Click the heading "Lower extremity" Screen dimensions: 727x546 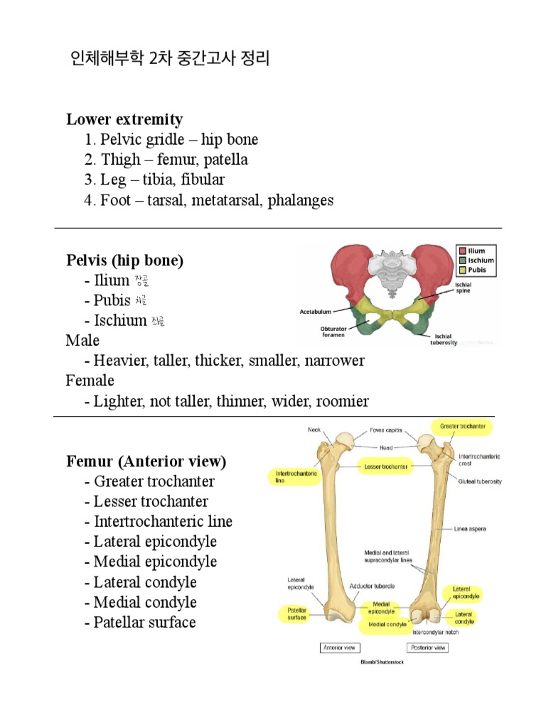click(124, 119)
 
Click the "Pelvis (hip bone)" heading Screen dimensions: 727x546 click(124, 261)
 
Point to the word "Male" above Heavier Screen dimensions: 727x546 click(82, 341)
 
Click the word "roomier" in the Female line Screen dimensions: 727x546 click(343, 401)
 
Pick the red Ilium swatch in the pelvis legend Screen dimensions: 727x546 click(462, 251)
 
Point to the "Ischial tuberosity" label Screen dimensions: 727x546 click(444, 339)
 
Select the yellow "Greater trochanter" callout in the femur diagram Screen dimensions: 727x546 click(462, 426)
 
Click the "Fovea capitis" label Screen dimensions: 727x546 click(386, 430)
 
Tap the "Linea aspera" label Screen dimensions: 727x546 click(471, 529)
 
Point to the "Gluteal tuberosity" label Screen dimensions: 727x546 click(480, 481)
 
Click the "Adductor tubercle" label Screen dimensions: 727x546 click(372, 586)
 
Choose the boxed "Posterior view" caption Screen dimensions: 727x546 click(428, 647)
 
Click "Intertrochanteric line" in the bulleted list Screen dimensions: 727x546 click(163, 521)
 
